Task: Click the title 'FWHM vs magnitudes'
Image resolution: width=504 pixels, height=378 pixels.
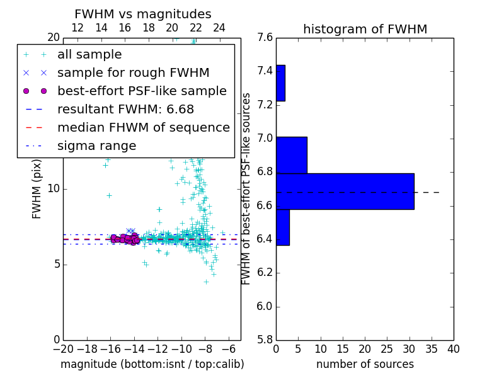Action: click(x=142, y=14)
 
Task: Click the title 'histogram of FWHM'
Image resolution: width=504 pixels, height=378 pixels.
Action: click(x=365, y=29)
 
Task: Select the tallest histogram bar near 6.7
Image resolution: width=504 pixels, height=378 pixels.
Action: click(x=345, y=191)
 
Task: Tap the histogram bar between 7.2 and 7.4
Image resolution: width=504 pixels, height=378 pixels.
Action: click(x=280, y=83)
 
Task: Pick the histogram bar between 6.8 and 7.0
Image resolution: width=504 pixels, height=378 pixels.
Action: click(x=291, y=155)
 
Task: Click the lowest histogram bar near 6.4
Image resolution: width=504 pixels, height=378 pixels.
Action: click(x=282, y=227)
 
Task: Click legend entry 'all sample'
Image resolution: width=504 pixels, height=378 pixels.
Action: click(x=89, y=55)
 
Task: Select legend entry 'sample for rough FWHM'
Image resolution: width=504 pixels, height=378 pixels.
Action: click(x=133, y=72)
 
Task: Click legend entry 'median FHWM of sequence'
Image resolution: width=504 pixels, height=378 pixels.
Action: click(x=143, y=127)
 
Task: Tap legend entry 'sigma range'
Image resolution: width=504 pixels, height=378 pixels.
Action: click(x=96, y=146)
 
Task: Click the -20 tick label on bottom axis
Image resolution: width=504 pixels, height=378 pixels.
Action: click(x=63, y=348)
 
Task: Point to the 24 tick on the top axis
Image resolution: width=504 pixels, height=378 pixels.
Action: click(x=219, y=28)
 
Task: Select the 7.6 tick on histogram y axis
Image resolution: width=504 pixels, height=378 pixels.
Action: click(x=265, y=38)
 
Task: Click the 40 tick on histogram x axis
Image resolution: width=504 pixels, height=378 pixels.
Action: click(x=453, y=348)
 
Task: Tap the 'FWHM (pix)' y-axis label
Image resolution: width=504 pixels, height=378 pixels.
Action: click(x=37, y=188)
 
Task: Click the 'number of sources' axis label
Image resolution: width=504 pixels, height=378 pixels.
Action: click(x=365, y=364)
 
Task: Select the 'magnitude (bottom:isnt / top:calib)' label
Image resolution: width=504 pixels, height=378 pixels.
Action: click(x=152, y=364)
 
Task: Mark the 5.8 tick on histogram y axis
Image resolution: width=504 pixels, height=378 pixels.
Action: click(x=265, y=340)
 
